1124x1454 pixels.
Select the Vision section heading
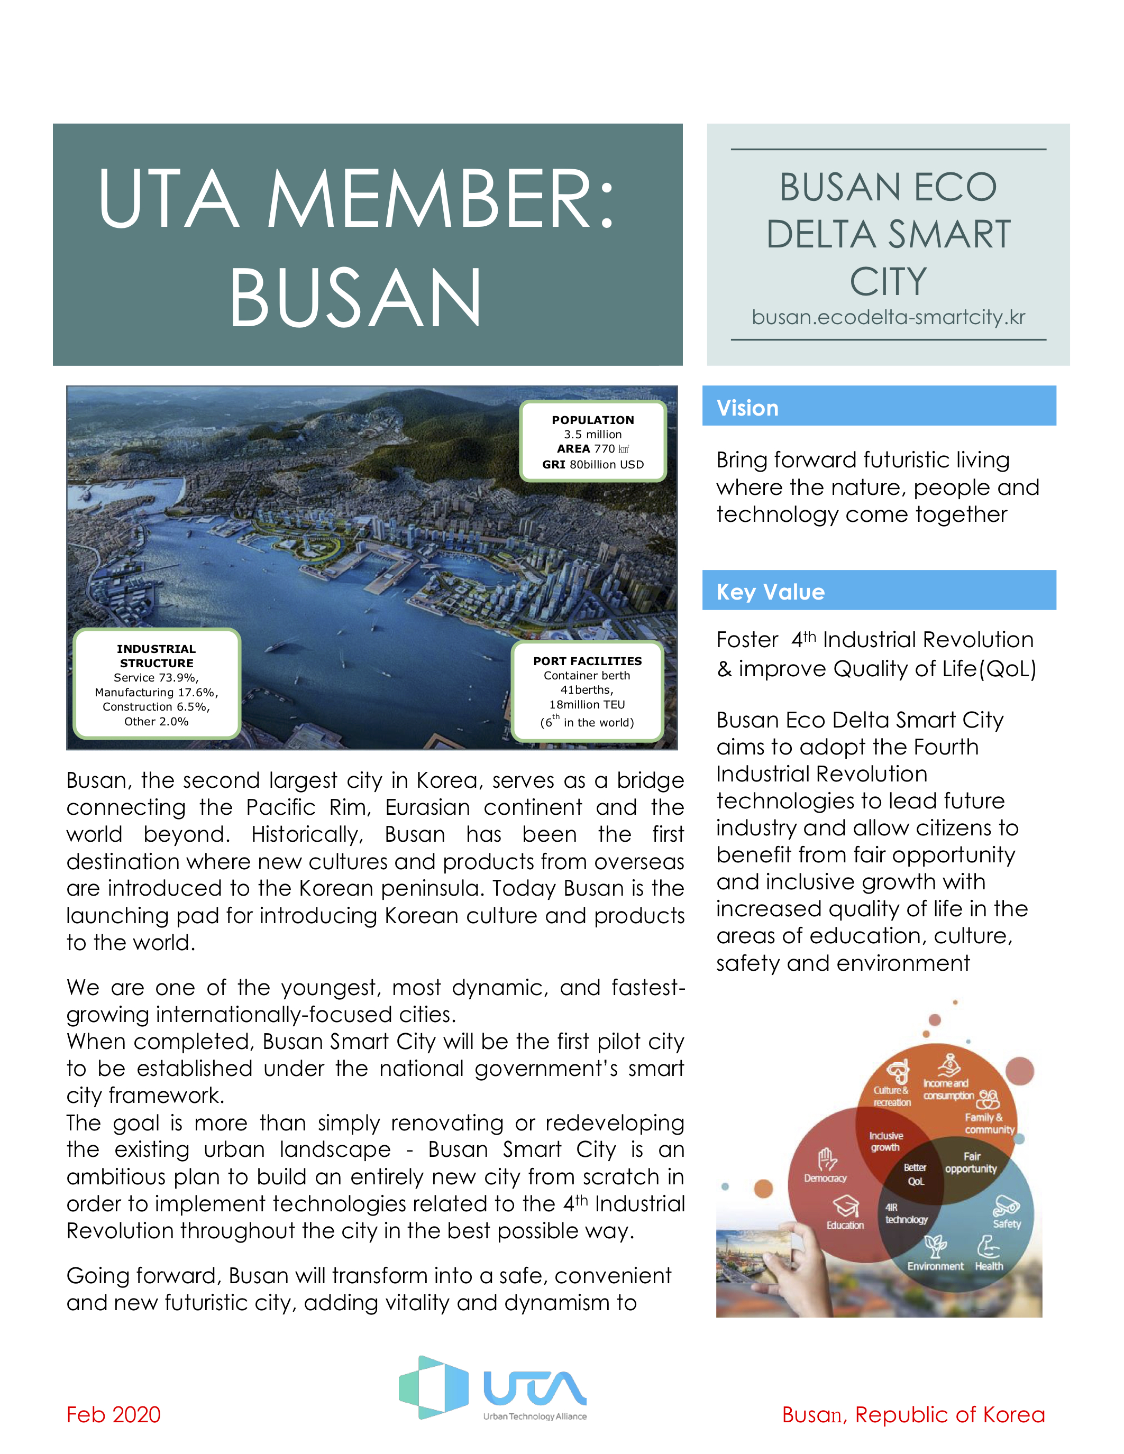coord(747,408)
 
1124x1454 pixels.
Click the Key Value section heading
coord(771,592)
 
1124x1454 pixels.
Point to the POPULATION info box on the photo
coord(592,441)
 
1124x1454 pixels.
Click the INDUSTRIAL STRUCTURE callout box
coord(157,684)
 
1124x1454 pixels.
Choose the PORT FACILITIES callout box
coord(587,691)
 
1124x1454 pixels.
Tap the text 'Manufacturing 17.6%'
coord(157,693)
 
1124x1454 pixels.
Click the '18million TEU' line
coord(587,704)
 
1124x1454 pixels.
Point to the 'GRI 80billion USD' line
coord(592,465)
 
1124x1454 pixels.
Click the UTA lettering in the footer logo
coord(535,1387)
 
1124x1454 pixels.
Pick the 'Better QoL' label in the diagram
coord(915,1174)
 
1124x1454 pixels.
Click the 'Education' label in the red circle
coord(845,1225)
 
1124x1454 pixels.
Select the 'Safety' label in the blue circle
coord(1006,1223)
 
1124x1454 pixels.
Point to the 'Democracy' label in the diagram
coord(825,1179)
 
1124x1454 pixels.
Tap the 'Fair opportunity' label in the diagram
coord(971,1162)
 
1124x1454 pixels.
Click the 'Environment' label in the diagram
coord(935,1266)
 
